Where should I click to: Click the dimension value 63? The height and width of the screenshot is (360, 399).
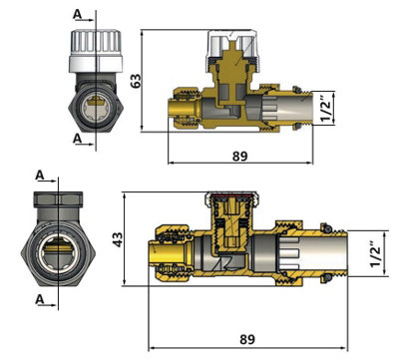click(x=136, y=81)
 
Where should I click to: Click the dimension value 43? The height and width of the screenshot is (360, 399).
click(x=118, y=239)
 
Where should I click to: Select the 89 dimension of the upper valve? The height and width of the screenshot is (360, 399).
click(x=240, y=156)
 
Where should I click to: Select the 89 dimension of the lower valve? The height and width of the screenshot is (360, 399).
click(x=247, y=340)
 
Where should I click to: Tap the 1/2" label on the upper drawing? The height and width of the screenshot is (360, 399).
click(x=326, y=109)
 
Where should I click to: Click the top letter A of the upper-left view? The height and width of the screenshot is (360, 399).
click(x=77, y=14)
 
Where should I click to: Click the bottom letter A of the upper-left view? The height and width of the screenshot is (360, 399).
click(x=77, y=139)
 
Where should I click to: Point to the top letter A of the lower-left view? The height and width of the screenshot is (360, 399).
click(x=40, y=176)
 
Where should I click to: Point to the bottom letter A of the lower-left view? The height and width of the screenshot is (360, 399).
click(x=40, y=299)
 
